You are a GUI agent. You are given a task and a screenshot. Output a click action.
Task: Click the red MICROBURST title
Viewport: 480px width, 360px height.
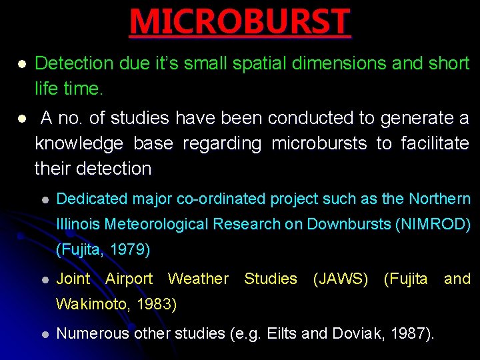click(x=239, y=21)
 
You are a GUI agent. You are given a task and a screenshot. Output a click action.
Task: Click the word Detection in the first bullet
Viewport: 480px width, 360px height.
click(x=74, y=63)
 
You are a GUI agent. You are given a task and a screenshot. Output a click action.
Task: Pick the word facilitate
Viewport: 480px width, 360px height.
click(x=435, y=143)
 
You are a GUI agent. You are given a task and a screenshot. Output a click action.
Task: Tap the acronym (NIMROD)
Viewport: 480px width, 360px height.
click(x=433, y=225)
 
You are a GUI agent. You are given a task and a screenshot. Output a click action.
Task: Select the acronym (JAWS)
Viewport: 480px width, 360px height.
click(x=341, y=279)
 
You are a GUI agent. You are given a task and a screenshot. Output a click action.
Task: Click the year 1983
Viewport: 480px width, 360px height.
click(x=156, y=305)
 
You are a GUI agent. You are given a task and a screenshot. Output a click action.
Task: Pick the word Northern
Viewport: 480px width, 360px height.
click(x=439, y=199)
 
